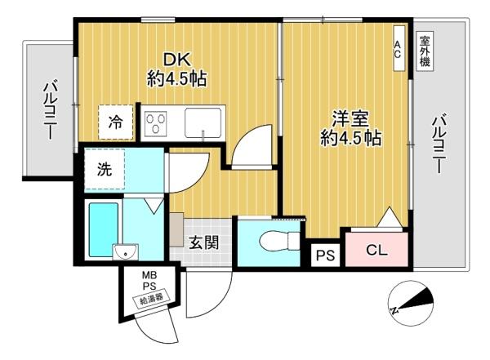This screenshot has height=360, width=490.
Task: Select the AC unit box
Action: click(399, 48)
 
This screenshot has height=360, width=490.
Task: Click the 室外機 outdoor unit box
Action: click(425, 52)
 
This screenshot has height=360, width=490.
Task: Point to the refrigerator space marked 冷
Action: click(116, 122)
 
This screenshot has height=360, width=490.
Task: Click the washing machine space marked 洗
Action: click(105, 169)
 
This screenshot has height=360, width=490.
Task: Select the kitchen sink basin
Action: click(203, 122)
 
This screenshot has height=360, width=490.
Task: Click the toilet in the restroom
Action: click(279, 242)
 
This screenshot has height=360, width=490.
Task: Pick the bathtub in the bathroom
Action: click(104, 230)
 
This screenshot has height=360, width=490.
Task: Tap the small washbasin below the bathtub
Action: click(125, 252)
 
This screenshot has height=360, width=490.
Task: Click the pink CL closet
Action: click(376, 249)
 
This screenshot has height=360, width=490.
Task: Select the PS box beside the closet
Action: click(325, 256)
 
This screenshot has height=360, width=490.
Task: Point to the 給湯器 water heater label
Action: click(152, 299)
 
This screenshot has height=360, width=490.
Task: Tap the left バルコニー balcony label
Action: click(50, 109)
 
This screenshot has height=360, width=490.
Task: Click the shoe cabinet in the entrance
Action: click(176, 229)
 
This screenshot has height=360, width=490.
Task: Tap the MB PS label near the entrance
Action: click(149, 281)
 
